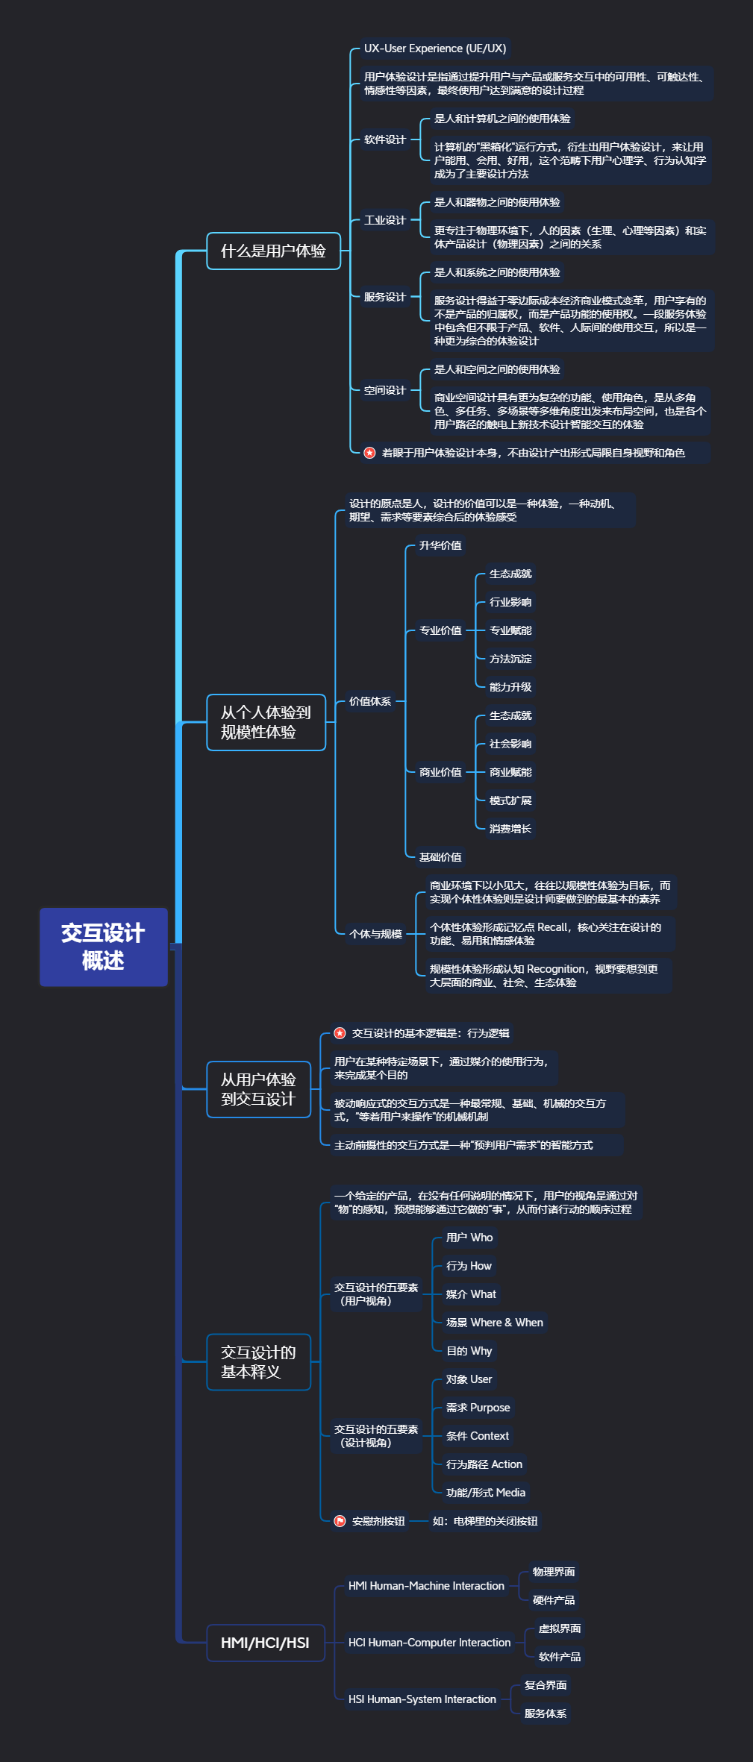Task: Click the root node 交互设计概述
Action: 104,947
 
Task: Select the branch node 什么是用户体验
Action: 273,251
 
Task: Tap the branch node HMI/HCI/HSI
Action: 265,1643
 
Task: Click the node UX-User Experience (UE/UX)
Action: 435,48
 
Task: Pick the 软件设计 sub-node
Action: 385,139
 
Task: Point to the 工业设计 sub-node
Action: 385,220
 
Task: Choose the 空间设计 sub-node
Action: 385,390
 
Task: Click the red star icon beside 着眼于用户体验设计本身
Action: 369,453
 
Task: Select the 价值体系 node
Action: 370,701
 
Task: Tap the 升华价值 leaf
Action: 440,545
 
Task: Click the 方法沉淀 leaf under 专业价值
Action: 510,659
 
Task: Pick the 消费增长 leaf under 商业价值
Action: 510,829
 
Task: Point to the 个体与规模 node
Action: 375,934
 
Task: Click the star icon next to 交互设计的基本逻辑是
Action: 340,1033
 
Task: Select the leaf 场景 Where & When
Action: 495,1323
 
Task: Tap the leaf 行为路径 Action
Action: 484,1464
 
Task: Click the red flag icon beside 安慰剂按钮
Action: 340,1521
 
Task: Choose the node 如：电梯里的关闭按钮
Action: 485,1521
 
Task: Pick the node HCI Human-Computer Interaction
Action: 430,1643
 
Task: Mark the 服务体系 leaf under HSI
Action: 546,1714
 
